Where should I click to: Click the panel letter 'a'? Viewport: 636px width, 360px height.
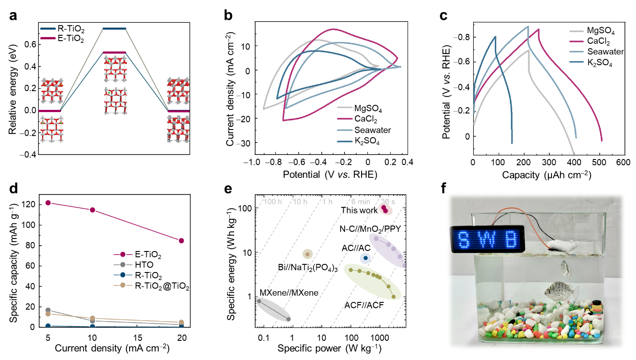(x=13, y=17)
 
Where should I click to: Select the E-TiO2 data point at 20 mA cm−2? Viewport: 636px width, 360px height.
(x=181, y=241)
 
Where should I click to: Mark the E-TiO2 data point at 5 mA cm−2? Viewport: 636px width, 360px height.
(x=48, y=203)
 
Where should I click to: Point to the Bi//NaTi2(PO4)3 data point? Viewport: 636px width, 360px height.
(x=307, y=254)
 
